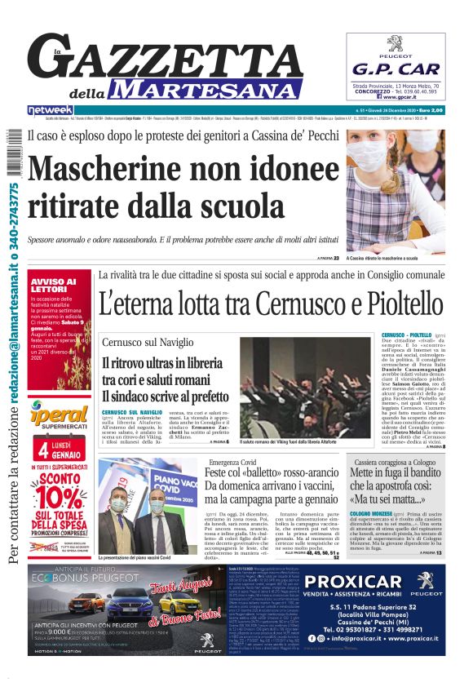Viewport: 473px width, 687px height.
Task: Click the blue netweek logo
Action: pos(51,110)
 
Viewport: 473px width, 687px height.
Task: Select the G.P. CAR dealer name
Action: pos(396,69)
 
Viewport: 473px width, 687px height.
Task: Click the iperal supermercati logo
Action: pos(61,412)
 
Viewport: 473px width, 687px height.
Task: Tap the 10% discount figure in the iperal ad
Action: pos(64,499)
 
